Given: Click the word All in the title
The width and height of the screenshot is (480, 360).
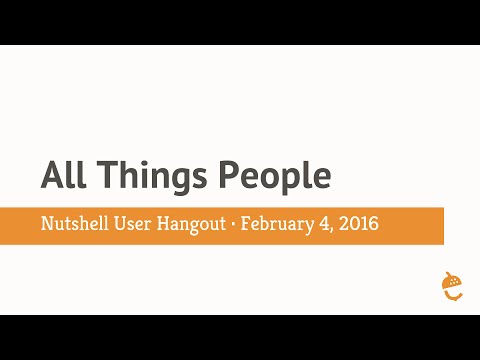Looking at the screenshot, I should click(x=62, y=176).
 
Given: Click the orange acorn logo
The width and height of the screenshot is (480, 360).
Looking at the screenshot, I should click(x=452, y=286).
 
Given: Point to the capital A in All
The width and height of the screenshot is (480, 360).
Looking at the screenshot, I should click(x=51, y=176).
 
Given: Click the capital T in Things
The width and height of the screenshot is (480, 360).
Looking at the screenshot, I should click(x=100, y=176).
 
